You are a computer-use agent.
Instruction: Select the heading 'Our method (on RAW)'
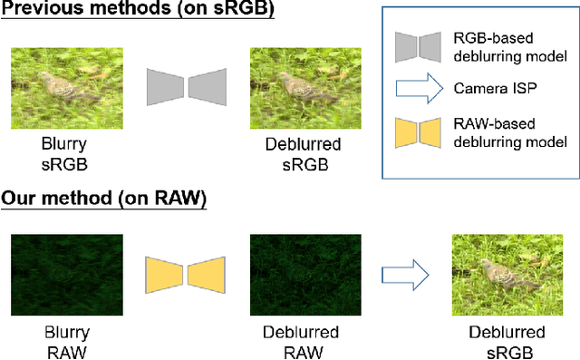[x=104, y=199]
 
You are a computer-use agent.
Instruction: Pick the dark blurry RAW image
[x=66, y=272]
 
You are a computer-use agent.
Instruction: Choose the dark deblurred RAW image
[x=304, y=272]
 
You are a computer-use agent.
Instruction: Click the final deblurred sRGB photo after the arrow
[x=507, y=272]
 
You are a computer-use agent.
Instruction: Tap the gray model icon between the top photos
[x=187, y=85]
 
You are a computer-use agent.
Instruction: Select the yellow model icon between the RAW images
[x=187, y=273]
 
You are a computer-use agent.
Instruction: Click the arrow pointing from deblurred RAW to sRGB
[x=403, y=273]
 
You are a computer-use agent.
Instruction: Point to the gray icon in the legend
[x=420, y=48]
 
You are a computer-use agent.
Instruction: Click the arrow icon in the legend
[x=420, y=90]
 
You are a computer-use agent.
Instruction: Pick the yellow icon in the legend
[x=420, y=131]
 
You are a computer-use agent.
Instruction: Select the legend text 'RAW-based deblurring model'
[x=508, y=131]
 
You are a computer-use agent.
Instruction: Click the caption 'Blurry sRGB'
[x=66, y=154]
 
